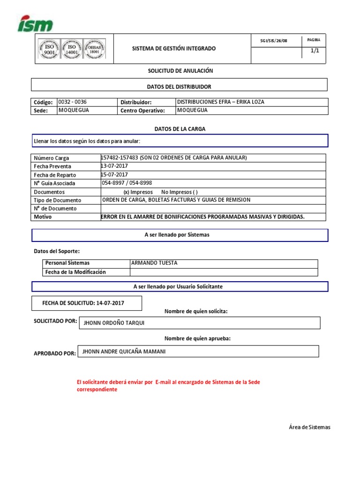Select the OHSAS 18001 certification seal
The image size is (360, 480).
point(94,49)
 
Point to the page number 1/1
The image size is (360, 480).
point(314,51)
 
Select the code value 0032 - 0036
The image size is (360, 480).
point(72,102)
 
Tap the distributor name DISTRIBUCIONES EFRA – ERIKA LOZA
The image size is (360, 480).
point(220,102)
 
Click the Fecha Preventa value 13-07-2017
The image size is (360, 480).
point(114,166)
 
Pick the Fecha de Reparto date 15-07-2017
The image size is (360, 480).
point(114,174)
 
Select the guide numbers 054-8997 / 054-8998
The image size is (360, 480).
point(127,183)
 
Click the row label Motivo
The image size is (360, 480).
point(43,217)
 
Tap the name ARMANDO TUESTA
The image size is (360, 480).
point(154,263)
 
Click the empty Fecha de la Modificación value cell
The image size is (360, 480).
point(224,272)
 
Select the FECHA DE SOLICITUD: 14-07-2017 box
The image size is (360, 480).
point(86,303)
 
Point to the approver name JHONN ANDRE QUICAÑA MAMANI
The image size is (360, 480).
point(124,351)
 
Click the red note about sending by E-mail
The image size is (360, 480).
point(168,386)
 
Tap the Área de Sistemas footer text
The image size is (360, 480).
point(309,427)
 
